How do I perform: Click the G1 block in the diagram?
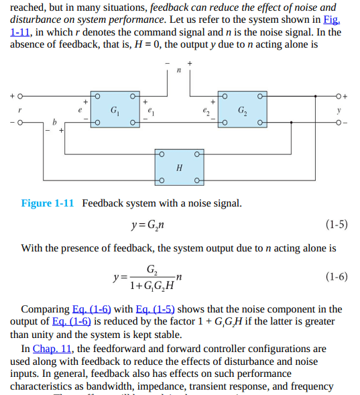[115, 109]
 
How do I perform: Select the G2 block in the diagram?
[243, 109]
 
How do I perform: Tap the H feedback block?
[179, 167]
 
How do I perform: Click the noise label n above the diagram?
[179, 70]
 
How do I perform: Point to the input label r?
[19, 110]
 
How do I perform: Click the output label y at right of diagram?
[339, 110]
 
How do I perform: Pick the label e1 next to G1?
[151, 111]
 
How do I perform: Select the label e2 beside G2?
[206, 111]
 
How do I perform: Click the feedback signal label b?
[54, 122]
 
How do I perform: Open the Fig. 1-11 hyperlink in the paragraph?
[332, 19]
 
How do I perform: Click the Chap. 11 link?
[52, 349]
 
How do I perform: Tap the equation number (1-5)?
[337, 224]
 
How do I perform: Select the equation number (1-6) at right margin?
[337, 276]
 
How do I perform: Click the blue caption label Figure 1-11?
[48, 203]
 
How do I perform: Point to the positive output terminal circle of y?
[339, 96]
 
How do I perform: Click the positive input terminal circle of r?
[20, 96]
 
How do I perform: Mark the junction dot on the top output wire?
[316, 96]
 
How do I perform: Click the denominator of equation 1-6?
[152, 286]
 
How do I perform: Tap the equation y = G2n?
[147, 225]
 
